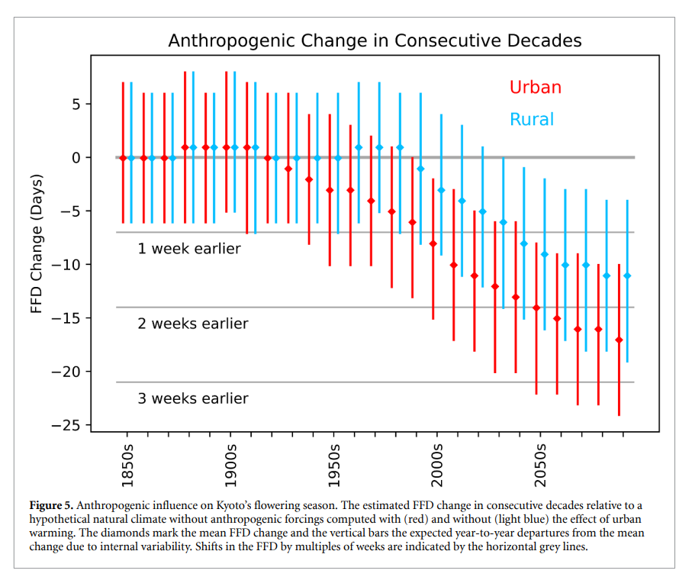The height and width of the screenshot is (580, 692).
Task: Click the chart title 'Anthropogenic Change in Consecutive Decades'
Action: [x=375, y=40]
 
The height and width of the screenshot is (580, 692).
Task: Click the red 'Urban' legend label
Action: [x=535, y=87]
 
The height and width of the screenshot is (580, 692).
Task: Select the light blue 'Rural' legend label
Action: [x=532, y=119]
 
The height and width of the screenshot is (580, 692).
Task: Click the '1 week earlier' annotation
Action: [x=189, y=249]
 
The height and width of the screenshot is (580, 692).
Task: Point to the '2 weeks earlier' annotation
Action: [x=193, y=324]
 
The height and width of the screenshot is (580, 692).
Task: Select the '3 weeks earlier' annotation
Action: [x=193, y=398]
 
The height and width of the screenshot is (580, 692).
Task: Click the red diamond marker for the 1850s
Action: [x=123, y=158]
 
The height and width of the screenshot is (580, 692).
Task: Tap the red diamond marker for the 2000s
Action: [x=433, y=243]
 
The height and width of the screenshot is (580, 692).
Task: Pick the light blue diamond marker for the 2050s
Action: [x=545, y=254]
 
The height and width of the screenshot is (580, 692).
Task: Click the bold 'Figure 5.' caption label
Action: [x=51, y=505]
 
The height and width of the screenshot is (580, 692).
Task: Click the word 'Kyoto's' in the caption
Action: [x=252, y=505]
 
